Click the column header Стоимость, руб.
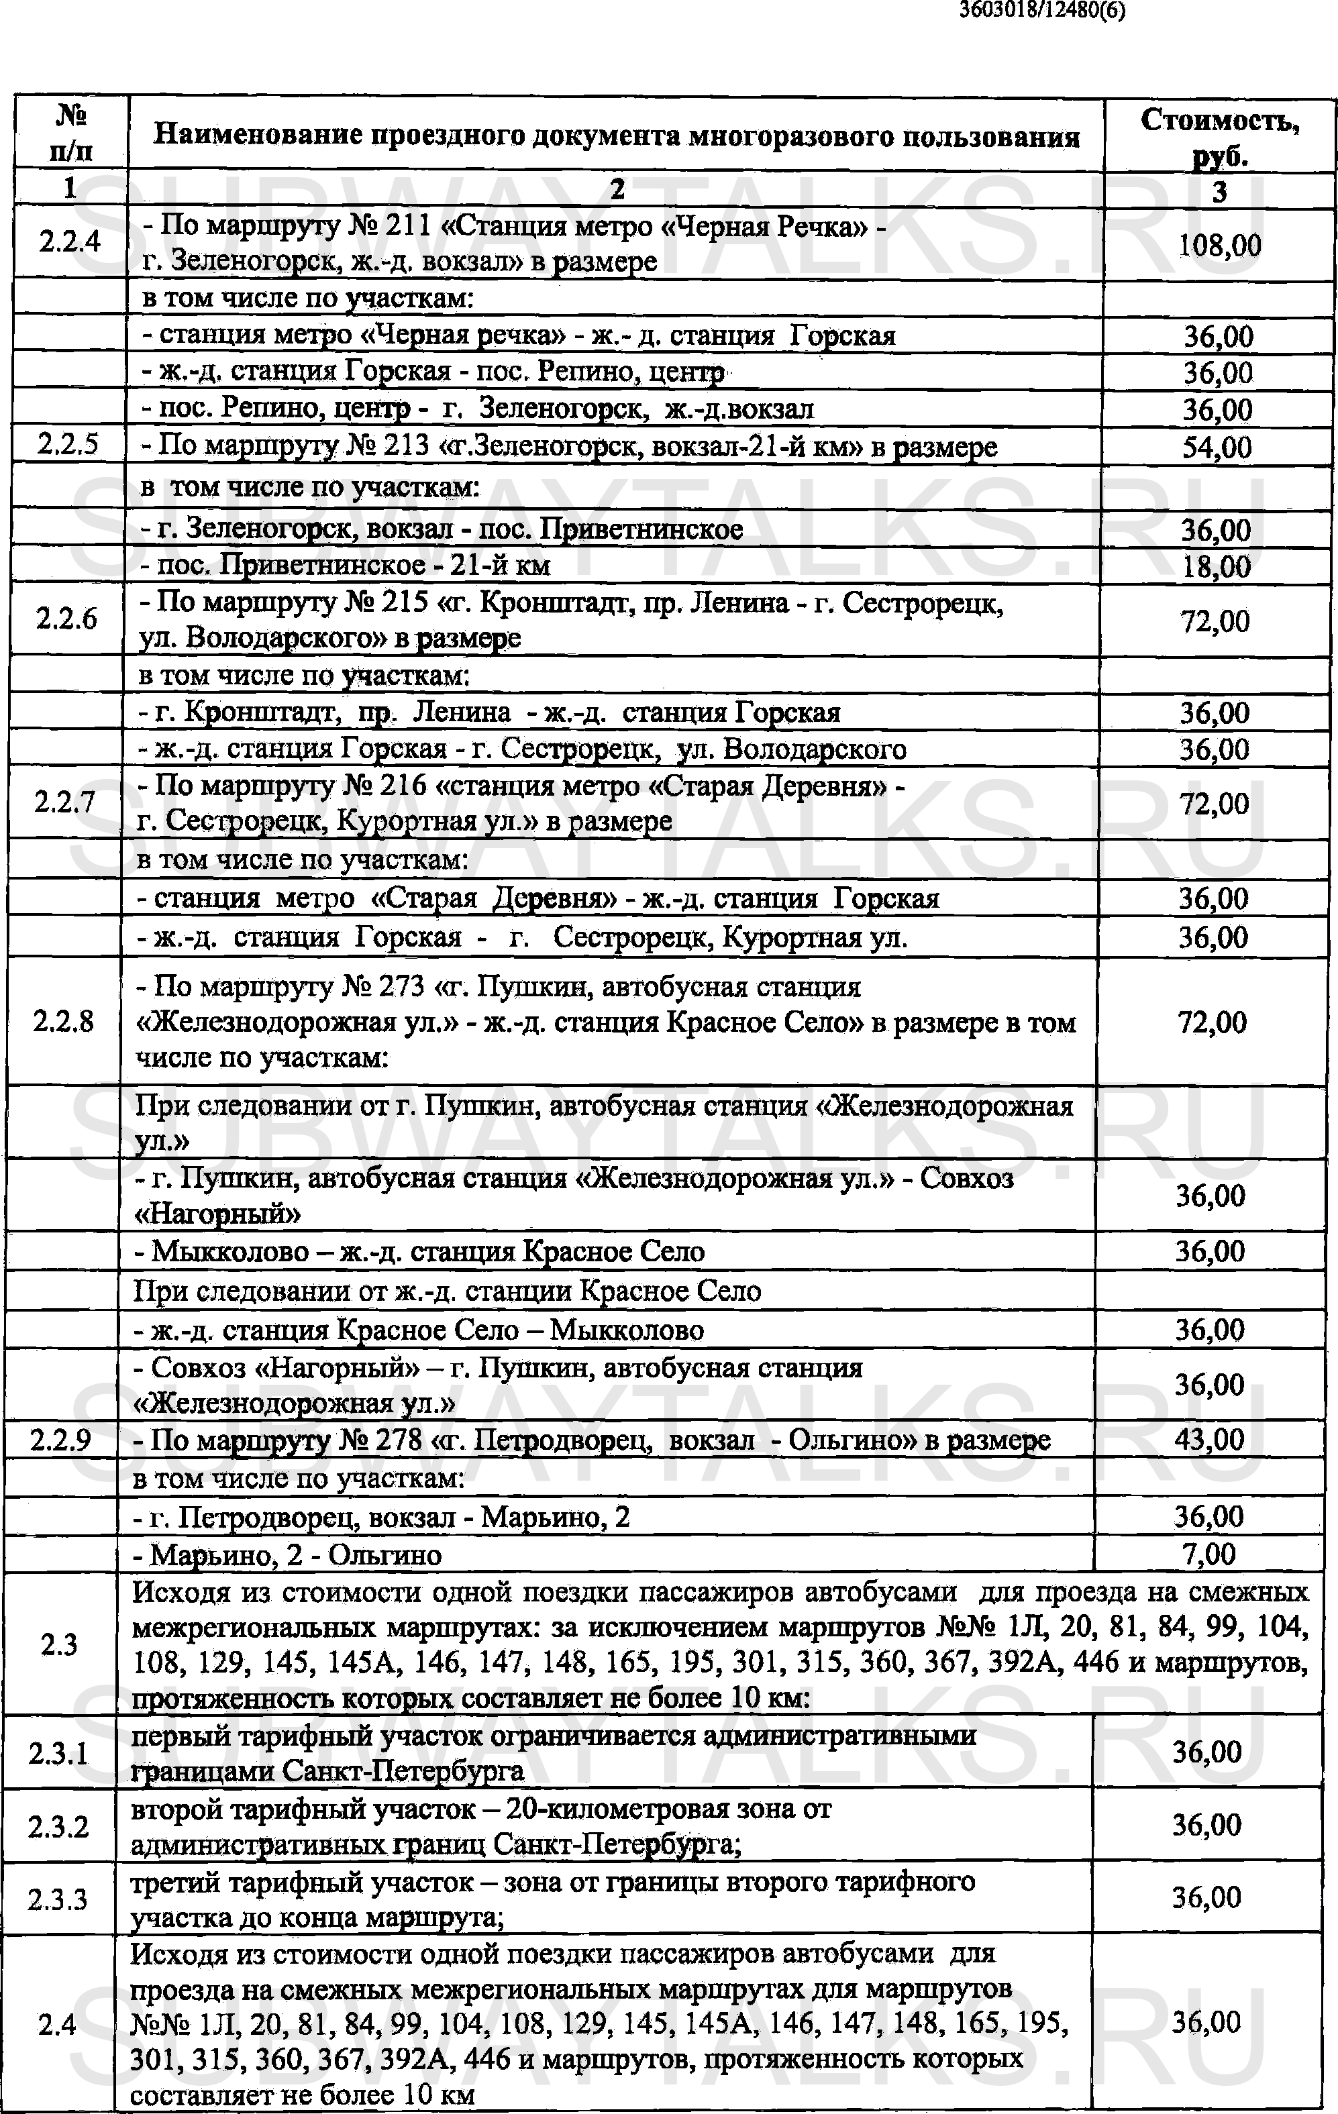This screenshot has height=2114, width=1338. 1219,137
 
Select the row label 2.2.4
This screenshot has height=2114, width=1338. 70,242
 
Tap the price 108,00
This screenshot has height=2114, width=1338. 1219,245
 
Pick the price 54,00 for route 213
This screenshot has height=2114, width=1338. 1217,447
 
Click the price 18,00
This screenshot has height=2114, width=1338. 1216,566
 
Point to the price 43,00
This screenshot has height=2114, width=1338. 1209,1440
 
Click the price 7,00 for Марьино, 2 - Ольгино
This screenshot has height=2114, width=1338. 1209,1554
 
